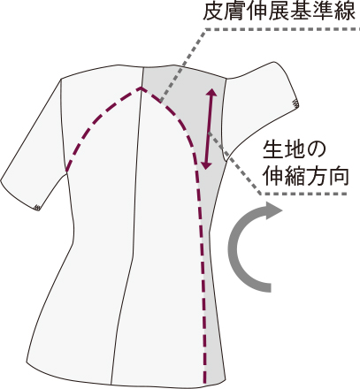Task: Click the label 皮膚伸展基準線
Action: [x=280, y=11]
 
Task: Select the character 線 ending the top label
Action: [x=345, y=11]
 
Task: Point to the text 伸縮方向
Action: [x=305, y=176]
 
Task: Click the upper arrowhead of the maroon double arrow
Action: [x=211, y=92]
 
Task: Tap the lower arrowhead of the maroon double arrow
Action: [x=206, y=164]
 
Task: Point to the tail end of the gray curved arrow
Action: [x=270, y=287]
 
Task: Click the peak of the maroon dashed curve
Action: [x=141, y=88]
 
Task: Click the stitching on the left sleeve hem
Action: [x=36, y=207]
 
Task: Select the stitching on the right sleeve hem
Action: [x=295, y=103]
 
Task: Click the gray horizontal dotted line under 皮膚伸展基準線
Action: [x=282, y=29]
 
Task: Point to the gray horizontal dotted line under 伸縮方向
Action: [x=303, y=194]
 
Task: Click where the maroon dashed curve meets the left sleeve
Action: [x=67, y=170]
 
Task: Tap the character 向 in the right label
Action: [x=339, y=176]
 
